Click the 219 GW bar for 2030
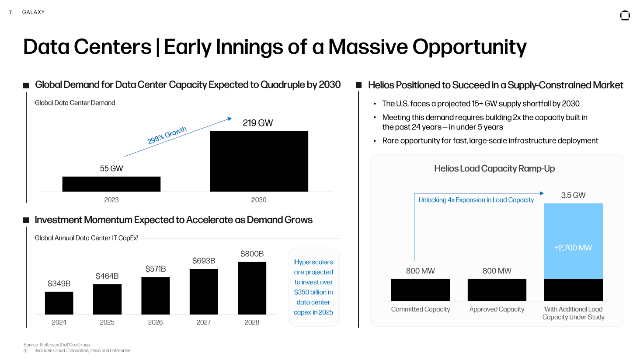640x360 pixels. (x=259, y=161)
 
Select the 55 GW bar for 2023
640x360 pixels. (x=111, y=184)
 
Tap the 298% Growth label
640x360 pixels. (x=167, y=135)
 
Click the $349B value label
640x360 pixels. (x=59, y=283)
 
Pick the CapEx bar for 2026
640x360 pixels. (x=155, y=296)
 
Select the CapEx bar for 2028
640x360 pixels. (x=252, y=288)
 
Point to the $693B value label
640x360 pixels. (x=204, y=261)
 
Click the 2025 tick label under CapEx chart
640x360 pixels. (x=107, y=322)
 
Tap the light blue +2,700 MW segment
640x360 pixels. (x=573, y=241)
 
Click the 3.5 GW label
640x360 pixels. (x=573, y=195)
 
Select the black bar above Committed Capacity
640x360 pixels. (x=420, y=290)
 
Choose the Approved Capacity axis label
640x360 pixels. (x=497, y=309)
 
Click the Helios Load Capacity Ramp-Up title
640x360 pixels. (x=494, y=168)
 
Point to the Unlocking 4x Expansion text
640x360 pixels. (x=476, y=200)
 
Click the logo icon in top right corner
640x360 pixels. (x=625, y=16)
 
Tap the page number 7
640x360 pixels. (x=10, y=12)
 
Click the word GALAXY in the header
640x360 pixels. (x=34, y=12)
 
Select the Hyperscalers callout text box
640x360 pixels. (x=313, y=287)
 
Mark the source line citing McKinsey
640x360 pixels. (x=57, y=345)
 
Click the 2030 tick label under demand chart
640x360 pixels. (x=259, y=200)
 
